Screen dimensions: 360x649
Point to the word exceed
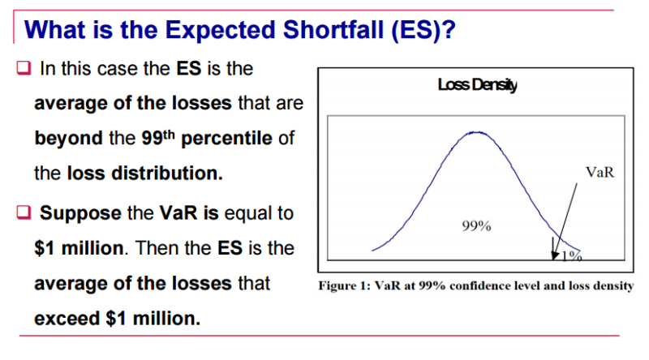pyautogui.click(x=67, y=318)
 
